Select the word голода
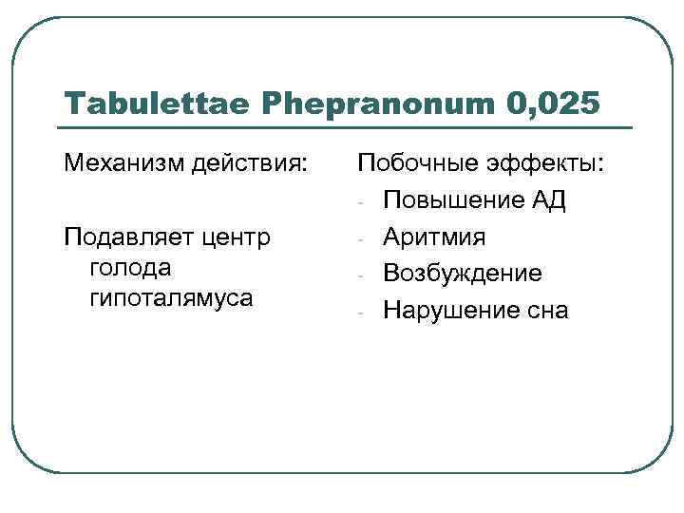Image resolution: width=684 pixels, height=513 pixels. pyautogui.click(x=129, y=267)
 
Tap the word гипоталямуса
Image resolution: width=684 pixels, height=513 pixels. pyautogui.click(x=171, y=297)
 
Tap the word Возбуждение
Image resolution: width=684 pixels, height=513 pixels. pyautogui.click(x=463, y=274)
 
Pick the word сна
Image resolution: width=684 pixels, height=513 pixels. pyautogui.click(x=546, y=310)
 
